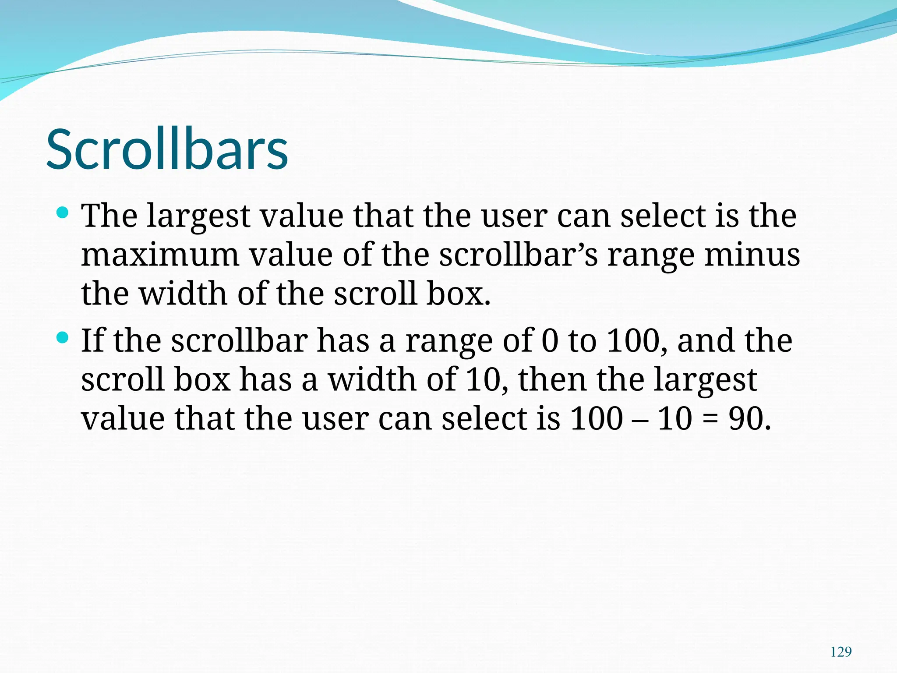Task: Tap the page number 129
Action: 840,652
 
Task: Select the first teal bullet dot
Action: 63,213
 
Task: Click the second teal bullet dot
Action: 63,338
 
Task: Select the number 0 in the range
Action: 550,340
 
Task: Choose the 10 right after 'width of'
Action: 484,379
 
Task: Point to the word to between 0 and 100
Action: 583,340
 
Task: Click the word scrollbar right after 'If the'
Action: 239,340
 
